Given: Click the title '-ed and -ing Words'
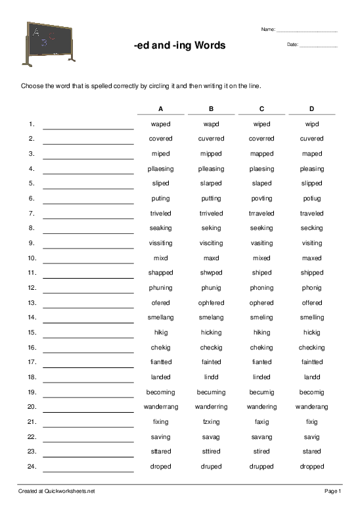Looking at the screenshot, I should [x=179, y=45].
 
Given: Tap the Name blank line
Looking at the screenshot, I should [x=307, y=31].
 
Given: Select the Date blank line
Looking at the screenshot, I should [x=318, y=46].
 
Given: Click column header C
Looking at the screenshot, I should [x=261, y=108].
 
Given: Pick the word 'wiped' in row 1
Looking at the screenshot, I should [x=261, y=124].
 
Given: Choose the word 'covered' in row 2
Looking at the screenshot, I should [x=160, y=139].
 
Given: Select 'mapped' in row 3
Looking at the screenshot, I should [x=261, y=154].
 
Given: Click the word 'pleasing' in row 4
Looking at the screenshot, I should [x=312, y=169].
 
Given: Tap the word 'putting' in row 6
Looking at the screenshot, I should [x=211, y=198].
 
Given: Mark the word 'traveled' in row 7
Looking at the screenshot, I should [x=312, y=214].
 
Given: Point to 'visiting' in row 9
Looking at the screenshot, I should [x=312, y=243].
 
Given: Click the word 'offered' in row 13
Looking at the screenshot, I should [x=312, y=303].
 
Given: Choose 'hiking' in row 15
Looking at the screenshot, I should [x=261, y=333].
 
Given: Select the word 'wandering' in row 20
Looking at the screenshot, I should [x=261, y=407].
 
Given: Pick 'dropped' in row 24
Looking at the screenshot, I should [x=312, y=467].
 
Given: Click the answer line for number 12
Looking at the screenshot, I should [x=88, y=291].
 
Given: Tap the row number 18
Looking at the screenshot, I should [x=31, y=377].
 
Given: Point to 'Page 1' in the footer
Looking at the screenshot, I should [x=332, y=491].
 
